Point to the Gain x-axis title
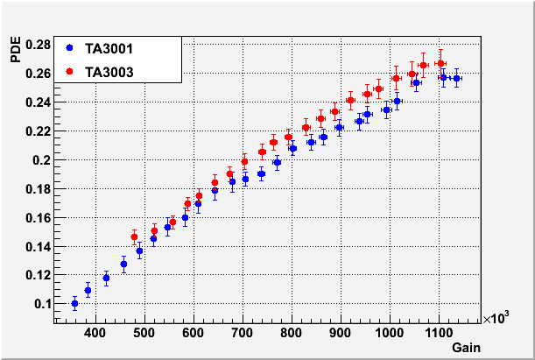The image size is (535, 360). coord(466,349)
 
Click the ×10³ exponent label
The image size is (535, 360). coord(497,321)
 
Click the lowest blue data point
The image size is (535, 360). coord(74,304)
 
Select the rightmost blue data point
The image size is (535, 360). coord(456,79)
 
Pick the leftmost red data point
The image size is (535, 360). coord(134,236)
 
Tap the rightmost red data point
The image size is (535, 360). coord(440,63)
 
